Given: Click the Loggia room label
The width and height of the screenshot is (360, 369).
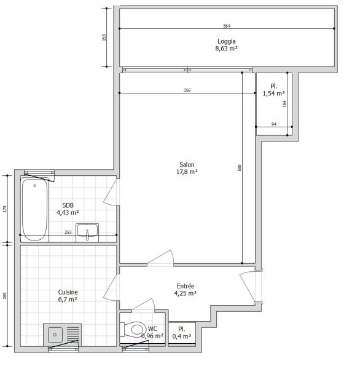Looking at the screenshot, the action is tap(227, 41).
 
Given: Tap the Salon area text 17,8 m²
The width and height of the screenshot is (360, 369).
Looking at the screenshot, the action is tap(187, 172).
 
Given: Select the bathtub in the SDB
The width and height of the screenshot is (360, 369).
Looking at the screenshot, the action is tap(34, 210).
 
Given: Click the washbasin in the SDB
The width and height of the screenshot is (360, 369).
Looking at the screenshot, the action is tap(87, 232).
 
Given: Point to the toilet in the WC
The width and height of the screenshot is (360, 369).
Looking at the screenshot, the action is tap(133, 329).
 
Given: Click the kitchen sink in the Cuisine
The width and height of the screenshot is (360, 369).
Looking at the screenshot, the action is tap(63, 335).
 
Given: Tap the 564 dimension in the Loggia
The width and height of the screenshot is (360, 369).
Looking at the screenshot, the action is tap(227, 26).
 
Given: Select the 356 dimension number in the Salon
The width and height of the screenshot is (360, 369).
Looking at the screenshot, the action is tap(187, 90).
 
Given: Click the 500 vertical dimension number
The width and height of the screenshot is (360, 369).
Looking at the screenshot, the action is tap(240, 168).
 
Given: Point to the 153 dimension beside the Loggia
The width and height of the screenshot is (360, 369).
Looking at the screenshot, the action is tap(104, 38).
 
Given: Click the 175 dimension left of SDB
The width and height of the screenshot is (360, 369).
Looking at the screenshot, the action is tap(5, 209).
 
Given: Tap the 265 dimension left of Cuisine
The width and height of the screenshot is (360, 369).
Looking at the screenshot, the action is tap(5, 296).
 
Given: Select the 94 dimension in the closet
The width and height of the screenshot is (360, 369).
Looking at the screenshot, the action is tap(274, 124).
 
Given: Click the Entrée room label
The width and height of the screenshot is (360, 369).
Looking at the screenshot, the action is tap(186, 286).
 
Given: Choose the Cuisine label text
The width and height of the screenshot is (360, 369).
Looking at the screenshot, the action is tap(68, 292).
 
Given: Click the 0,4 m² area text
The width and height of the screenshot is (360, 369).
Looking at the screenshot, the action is tap(182, 336).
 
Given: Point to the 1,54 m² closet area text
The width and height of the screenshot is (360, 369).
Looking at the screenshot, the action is tap(274, 93).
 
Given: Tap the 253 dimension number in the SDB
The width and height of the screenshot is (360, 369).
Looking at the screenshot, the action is tap(68, 232).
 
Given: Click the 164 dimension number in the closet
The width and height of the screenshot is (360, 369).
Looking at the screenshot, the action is tap(285, 104).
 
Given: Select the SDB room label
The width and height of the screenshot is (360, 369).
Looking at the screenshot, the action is tap(68, 205).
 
